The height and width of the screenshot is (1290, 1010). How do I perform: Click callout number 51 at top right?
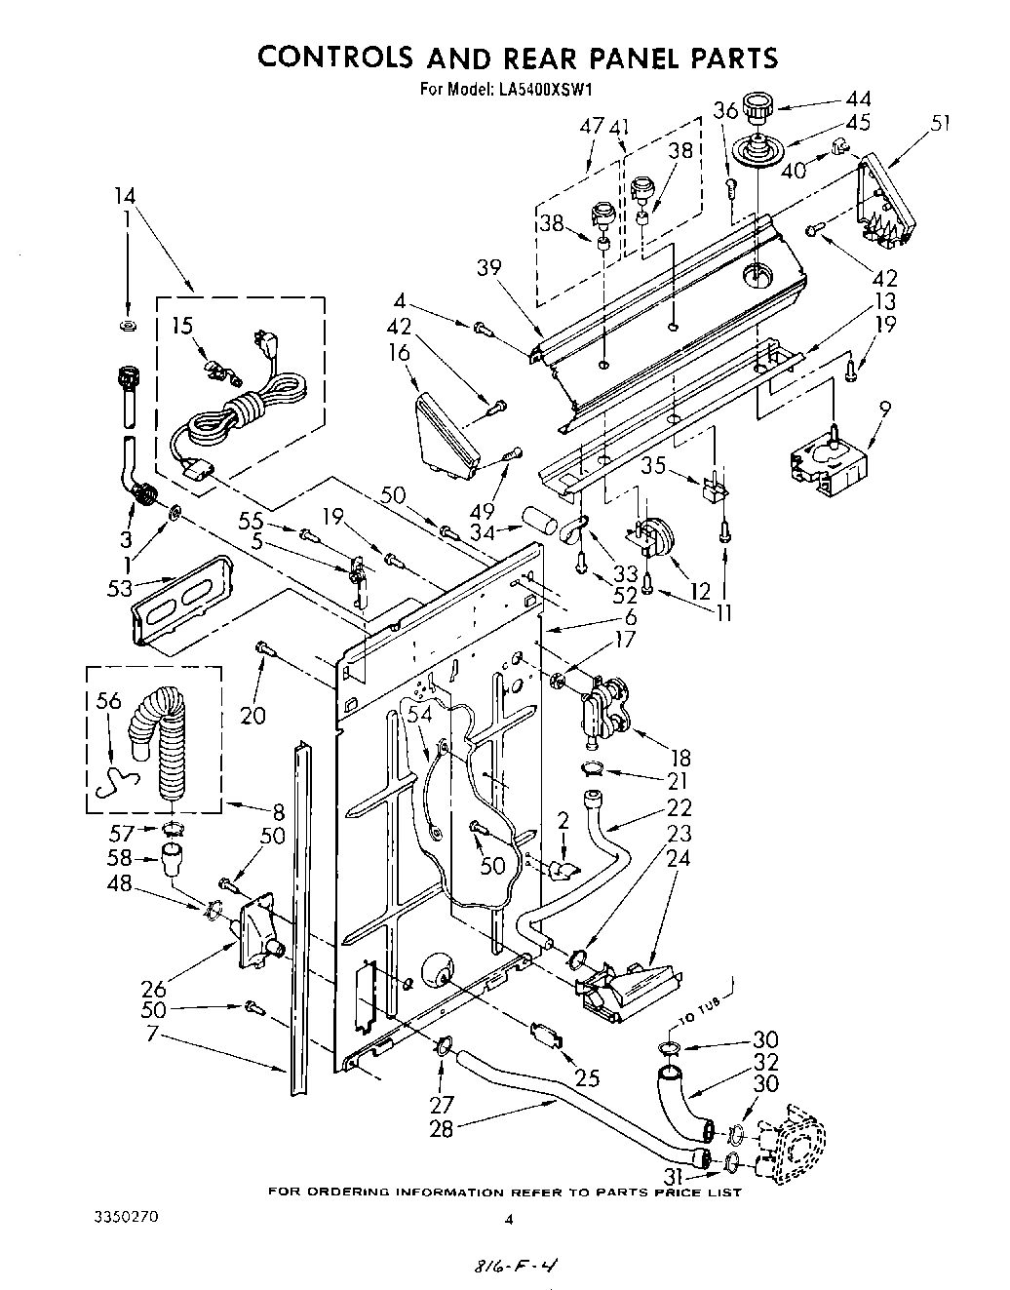pos(940,123)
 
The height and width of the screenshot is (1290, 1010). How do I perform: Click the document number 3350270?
pos(129,1218)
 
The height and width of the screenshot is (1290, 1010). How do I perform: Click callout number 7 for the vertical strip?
pos(150,1033)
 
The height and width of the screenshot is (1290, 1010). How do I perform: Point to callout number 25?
pos(587,1078)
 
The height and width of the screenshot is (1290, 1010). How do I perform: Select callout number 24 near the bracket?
pos(678,858)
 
